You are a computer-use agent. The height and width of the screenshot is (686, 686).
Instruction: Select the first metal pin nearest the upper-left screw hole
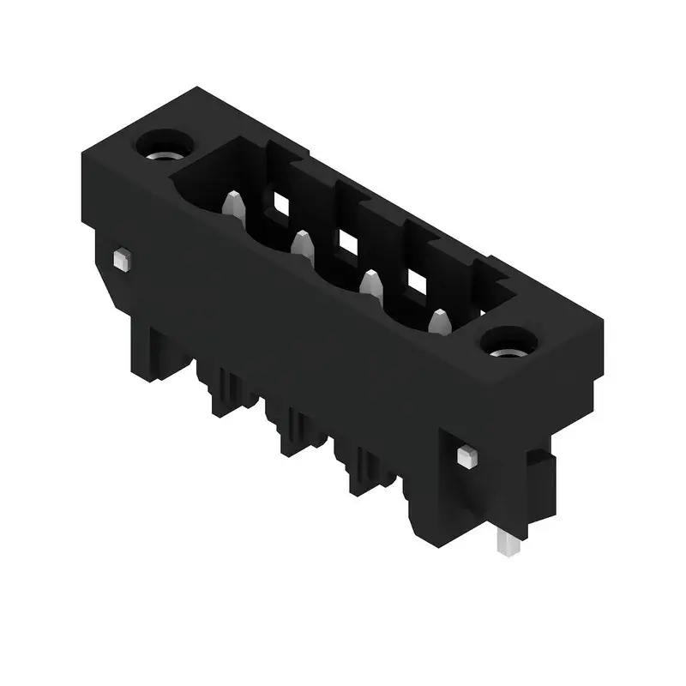pyautogui.click(x=232, y=207)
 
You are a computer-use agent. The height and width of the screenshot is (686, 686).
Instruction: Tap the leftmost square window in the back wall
pyautogui.click(x=280, y=202)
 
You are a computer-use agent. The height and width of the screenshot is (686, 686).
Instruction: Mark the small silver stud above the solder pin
pyautogui.click(x=467, y=454)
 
